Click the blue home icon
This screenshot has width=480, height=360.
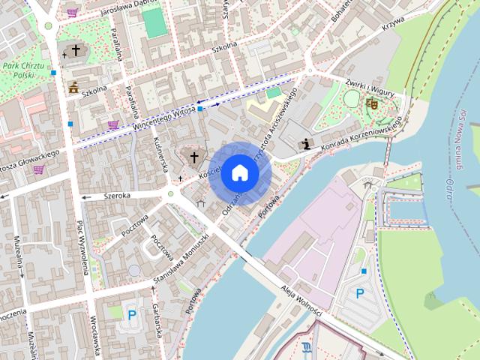[239, 172]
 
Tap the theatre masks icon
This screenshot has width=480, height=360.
[371, 103]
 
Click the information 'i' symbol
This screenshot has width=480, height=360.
[305, 144]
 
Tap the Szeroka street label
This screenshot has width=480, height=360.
[118, 195]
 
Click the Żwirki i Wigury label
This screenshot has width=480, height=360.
[370, 86]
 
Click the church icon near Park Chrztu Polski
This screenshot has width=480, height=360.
[74, 50]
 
